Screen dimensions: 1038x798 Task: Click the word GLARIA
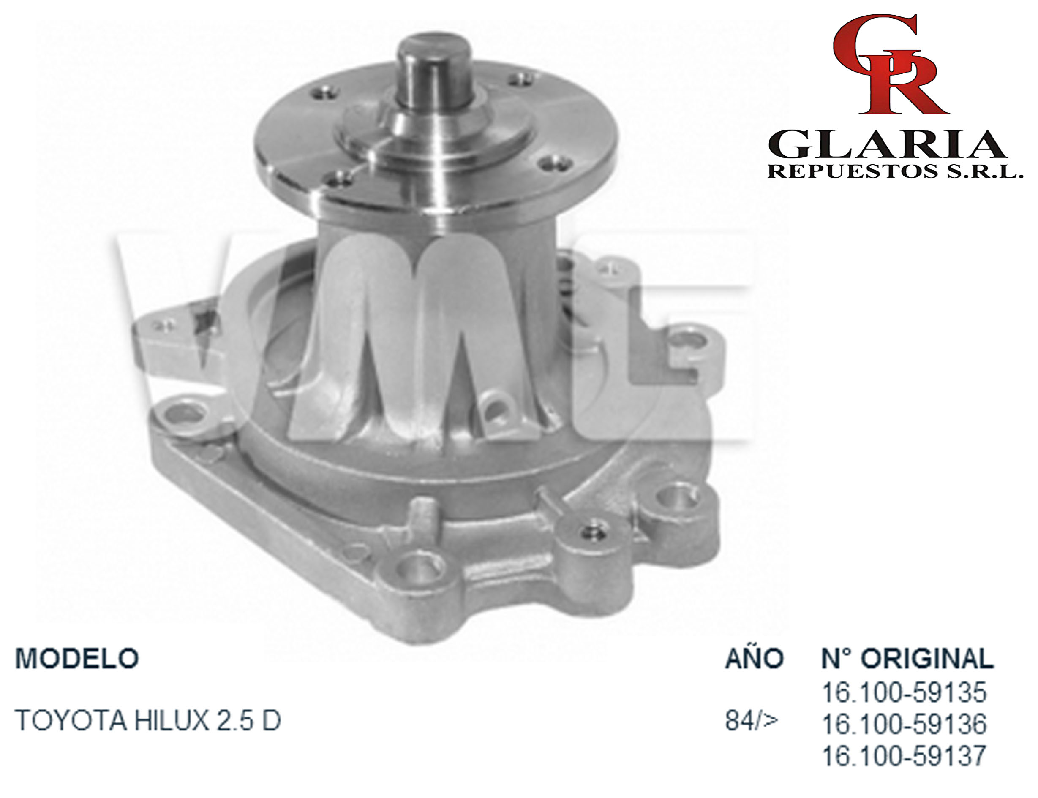(887, 144)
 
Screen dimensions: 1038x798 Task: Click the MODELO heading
(76, 658)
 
